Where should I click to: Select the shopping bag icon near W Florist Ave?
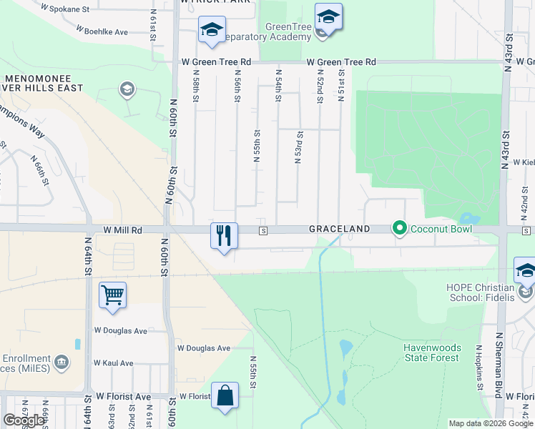tap(225, 396)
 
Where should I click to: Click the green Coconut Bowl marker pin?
tap(398, 229)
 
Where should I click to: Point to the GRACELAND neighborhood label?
tap(339, 230)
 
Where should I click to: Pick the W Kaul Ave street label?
tap(114, 363)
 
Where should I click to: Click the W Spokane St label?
tap(65, 10)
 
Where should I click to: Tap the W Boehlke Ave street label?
tap(102, 32)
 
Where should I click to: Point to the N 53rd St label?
tap(298, 147)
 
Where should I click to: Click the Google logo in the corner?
tap(24, 420)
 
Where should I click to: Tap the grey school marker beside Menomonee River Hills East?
tap(127, 89)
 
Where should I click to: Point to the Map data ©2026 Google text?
tap(490, 423)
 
